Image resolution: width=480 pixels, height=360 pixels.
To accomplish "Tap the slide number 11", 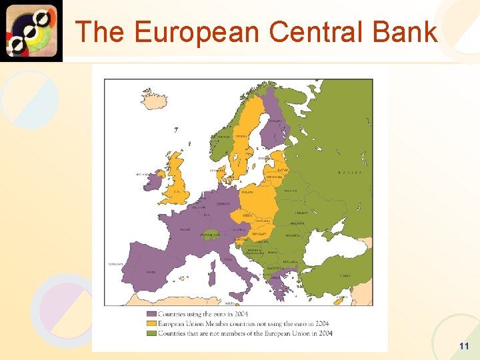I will [x=464, y=346].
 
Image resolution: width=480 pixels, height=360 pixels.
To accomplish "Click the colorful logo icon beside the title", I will [x=31, y=31].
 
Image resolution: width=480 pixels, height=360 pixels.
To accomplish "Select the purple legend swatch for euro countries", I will [x=152, y=313].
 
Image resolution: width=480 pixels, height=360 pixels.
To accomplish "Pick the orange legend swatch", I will [x=152, y=323].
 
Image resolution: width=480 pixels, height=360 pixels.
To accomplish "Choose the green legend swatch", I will [x=152, y=332].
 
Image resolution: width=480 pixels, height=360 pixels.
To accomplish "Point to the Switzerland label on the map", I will [x=210, y=235].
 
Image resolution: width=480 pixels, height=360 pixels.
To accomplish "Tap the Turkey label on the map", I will [x=345, y=275].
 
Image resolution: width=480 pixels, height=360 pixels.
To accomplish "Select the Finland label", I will [x=275, y=121].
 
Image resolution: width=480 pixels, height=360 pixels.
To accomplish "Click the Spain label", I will [x=151, y=272].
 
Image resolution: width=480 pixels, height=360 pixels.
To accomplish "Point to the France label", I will [x=184, y=230].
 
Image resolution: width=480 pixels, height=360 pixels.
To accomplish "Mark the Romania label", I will [x=293, y=235].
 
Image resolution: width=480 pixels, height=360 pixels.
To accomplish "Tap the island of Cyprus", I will [x=340, y=301].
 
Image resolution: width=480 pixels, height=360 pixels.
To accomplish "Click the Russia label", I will [x=349, y=172].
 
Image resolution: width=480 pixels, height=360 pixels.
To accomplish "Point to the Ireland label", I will [x=143, y=175].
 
